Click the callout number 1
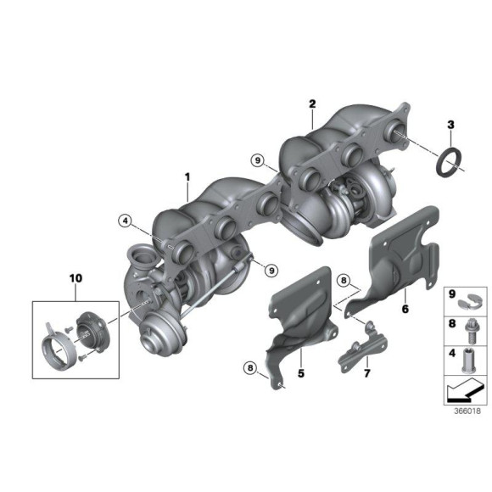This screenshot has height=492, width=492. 187,177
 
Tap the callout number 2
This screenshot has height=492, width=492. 312,104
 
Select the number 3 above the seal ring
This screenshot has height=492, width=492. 450,126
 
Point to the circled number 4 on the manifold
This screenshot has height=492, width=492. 126,221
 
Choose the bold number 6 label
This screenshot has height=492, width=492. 405,310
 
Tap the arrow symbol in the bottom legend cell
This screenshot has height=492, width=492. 462,390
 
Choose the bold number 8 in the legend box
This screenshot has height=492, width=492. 452,323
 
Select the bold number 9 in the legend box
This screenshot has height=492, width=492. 452,294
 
